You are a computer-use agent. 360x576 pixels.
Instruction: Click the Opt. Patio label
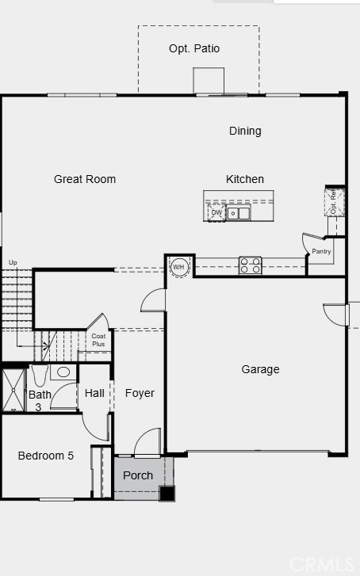(x=194, y=49)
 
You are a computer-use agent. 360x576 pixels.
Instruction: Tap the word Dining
(x=245, y=131)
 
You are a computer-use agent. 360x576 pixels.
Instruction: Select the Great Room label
(x=85, y=179)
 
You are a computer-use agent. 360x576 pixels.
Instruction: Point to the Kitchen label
(x=245, y=179)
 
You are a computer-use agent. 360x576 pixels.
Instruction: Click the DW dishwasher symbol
(x=216, y=212)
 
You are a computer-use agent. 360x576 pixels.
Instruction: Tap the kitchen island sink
(x=239, y=212)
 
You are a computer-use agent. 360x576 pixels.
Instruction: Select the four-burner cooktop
(x=251, y=265)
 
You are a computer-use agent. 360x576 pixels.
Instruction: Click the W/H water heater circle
(x=179, y=266)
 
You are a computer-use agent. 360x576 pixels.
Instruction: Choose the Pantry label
(x=321, y=251)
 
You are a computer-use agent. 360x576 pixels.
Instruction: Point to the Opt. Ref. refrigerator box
(x=334, y=202)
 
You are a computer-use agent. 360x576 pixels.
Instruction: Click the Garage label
(x=260, y=369)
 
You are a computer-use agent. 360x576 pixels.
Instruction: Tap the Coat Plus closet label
(x=98, y=340)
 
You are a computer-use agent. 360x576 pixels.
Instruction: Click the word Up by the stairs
(x=13, y=262)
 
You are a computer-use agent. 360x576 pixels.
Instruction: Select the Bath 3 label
(x=39, y=400)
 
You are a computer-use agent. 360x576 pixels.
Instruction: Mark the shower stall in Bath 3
(x=13, y=390)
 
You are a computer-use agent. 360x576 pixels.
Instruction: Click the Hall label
(x=94, y=393)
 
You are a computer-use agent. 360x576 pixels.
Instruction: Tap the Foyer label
(x=140, y=393)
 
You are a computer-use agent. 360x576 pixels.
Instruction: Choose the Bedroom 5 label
(x=46, y=456)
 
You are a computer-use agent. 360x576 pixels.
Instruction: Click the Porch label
(x=138, y=475)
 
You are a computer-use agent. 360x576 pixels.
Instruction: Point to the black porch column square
(x=167, y=494)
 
